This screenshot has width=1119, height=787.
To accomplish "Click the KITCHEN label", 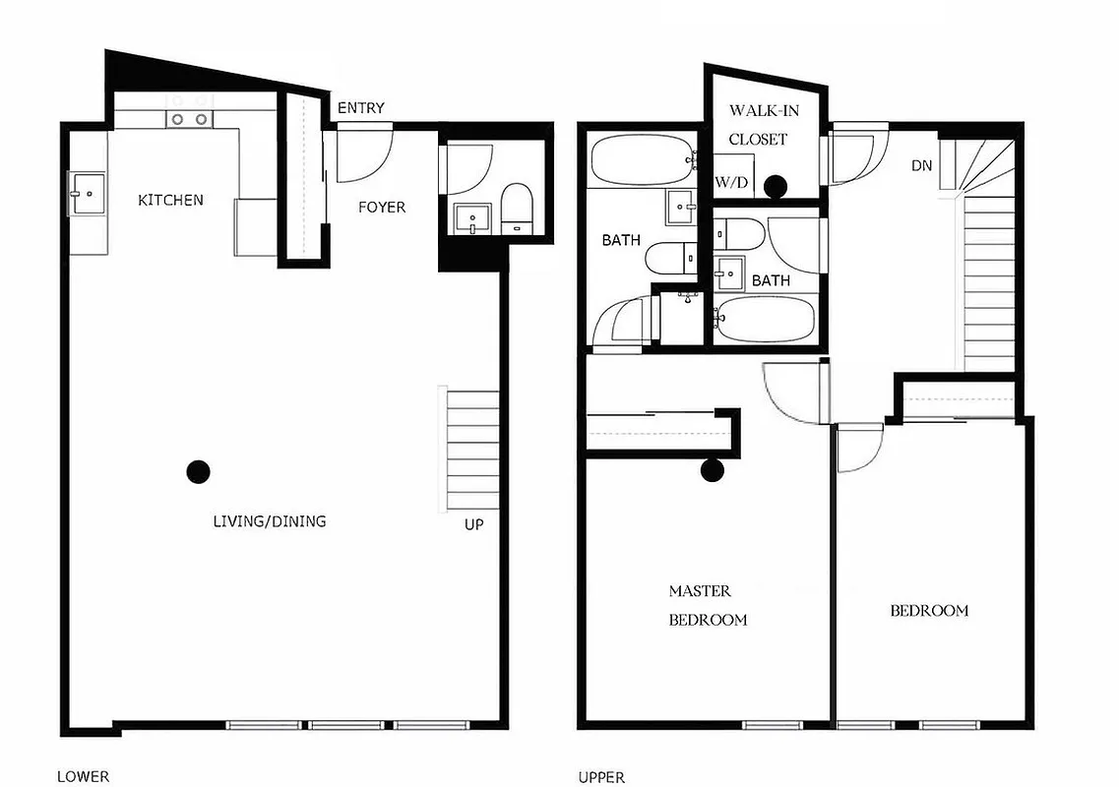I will tap(170, 200).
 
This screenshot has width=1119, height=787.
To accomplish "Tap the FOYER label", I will tap(381, 207).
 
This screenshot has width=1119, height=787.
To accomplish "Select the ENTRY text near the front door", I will tap(360, 108).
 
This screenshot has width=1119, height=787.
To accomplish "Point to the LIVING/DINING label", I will tap(269, 521).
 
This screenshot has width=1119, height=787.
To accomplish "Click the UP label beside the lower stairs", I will tap(473, 524).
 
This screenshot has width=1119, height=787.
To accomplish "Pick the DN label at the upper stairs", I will tap(921, 165).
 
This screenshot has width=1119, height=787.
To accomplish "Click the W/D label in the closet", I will tap(730, 182).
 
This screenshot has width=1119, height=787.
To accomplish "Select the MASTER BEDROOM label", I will tap(707, 605).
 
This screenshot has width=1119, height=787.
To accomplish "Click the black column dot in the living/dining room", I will tap(198, 472).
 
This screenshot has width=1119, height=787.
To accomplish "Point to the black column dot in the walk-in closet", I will tap(776, 184).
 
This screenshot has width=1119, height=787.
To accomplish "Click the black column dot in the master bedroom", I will tap(712, 471).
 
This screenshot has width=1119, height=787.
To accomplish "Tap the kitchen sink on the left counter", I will tap(87, 192).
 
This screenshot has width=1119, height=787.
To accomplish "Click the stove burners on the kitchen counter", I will tap(189, 119).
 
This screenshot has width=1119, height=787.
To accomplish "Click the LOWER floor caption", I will tap(83, 776).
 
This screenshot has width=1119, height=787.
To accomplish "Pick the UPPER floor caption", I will tap(601, 777).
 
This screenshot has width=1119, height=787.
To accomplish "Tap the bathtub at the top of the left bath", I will tap(641, 160).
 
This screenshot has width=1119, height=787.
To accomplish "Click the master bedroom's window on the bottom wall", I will tap(770, 726).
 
